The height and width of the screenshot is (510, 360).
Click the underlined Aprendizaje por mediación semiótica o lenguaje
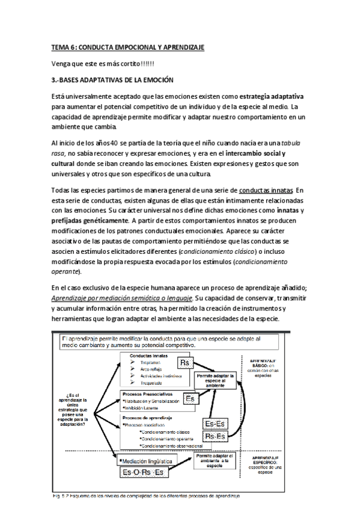(x=122, y=299)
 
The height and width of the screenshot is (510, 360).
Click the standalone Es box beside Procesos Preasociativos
(x=190, y=399)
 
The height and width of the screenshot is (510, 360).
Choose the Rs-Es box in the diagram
(x=216, y=435)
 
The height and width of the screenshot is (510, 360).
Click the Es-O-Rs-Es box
(x=143, y=473)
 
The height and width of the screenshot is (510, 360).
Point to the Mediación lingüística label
(x=147, y=461)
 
